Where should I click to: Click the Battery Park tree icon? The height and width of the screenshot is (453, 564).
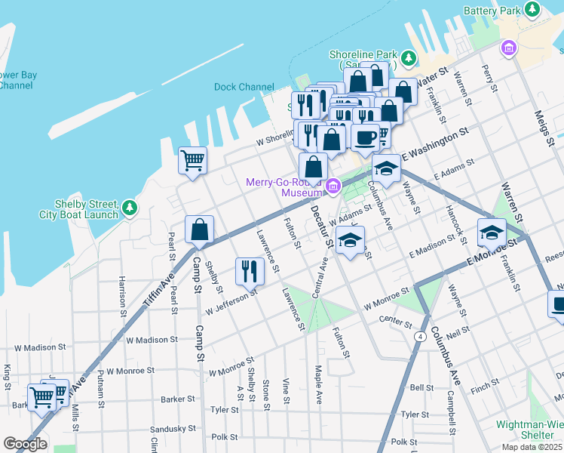[533, 10]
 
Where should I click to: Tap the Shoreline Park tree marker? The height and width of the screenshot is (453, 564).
[409, 57]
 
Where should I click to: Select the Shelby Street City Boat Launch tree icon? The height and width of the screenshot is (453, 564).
[130, 206]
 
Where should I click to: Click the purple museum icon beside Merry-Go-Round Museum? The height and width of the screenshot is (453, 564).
[333, 186]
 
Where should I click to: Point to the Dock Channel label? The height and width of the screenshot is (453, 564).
[244, 87]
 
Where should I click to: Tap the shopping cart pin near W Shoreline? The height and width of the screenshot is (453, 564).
[192, 160]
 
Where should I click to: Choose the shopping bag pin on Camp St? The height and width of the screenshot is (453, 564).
[199, 229]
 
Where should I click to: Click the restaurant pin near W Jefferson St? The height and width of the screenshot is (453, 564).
[250, 271]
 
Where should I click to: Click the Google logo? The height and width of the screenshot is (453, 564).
[25, 444]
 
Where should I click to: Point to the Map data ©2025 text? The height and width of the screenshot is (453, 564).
[531, 447]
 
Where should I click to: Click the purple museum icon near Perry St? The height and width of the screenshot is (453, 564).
[509, 48]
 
